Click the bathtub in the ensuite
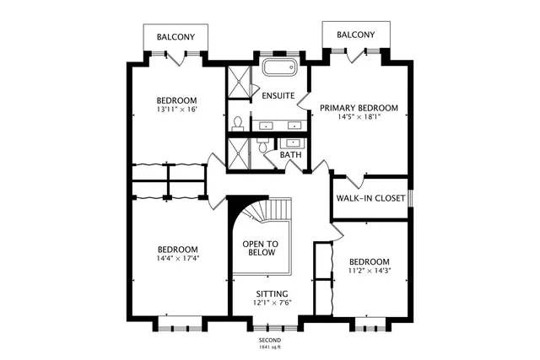pyautogui.click(x=279, y=68)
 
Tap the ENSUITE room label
pyautogui.click(x=278, y=96)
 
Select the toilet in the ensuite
pyautogui.click(x=237, y=122)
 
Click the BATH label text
pyautogui.click(x=290, y=155)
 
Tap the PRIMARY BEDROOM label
pyautogui.click(x=359, y=108)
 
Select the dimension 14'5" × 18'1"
pyautogui.click(x=359, y=118)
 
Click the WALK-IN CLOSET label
pyautogui.click(x=370, y=199)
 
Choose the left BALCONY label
pyautogui.click(x=175, y=37)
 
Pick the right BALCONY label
pyautogui.click(x=356, y=35)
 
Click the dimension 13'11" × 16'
pyautogui.click(x=176, y=110)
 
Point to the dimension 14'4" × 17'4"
pyautogui.click(x=177, y=260)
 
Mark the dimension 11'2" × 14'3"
pyautogui.click(x=370, y=271)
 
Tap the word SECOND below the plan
pyautogui.click(x=270, y=340)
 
